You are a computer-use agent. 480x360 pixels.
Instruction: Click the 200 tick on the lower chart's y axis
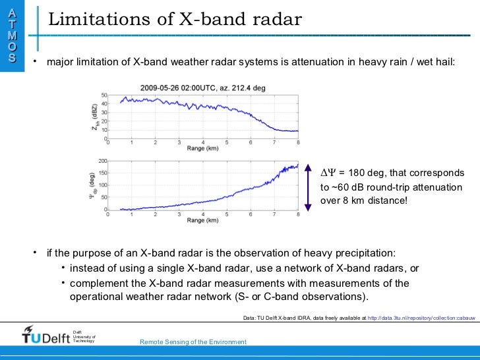click(x=102, y=161)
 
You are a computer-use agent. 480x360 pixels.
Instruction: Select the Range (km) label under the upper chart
click(x=203, y=150)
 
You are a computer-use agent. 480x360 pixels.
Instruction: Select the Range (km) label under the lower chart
click(x=203, y=220)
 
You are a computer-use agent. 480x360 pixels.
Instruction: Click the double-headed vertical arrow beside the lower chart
click(x=309, y=186)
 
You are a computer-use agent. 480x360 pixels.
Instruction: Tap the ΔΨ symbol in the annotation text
click(x=328, y=173)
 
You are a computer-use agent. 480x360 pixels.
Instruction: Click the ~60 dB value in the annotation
click(x=344, y=187)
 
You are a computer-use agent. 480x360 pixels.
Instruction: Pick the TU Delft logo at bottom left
click(x=44, y=335)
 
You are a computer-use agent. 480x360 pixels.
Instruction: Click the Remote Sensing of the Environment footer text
click(x=193, y=342)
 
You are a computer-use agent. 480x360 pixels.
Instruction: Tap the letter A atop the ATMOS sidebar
click(x=12, y=13)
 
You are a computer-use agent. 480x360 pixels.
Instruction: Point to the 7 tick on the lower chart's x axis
click(x=275, y=214)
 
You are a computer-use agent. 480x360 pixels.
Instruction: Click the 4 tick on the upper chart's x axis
click(x=203, y=143)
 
